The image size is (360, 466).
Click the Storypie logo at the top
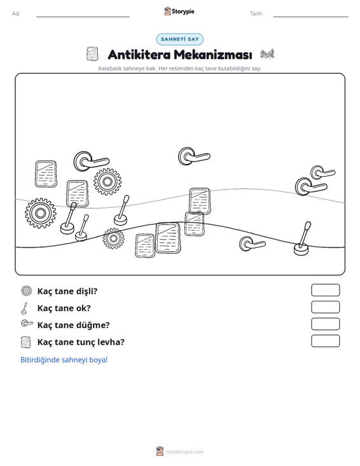[x=179, y=11]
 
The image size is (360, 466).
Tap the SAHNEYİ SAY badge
[x=180, y=39]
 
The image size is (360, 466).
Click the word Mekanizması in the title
[x=213, y=55]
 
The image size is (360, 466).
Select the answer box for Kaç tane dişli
[x=325, y=290]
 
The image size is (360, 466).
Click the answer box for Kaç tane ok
[x=325, y=307]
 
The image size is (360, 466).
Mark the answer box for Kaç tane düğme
[x=325, y=324]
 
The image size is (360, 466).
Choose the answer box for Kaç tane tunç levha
[x=325, y=341]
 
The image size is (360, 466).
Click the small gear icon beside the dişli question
[x=27, y=291]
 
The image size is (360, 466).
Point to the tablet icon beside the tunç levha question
[x=26, y=342]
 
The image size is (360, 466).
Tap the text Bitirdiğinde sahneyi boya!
[x=64, y=360]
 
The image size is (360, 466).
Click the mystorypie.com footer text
[x=184, y=452]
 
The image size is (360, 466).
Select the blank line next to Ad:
[x=83, y=17]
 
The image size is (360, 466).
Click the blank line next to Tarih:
[x=310, y=17]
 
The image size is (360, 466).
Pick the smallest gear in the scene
[x=113, y=238]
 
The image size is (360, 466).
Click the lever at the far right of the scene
[x=302, y=238]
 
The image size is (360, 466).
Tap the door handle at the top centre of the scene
[x=193, y=156]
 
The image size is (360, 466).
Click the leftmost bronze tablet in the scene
[x=46, y=174]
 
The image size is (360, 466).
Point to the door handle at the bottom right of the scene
[x=252, y=243]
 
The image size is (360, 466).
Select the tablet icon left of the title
[x=92, y=54]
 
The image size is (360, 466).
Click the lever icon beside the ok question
[x=25, y=308]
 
